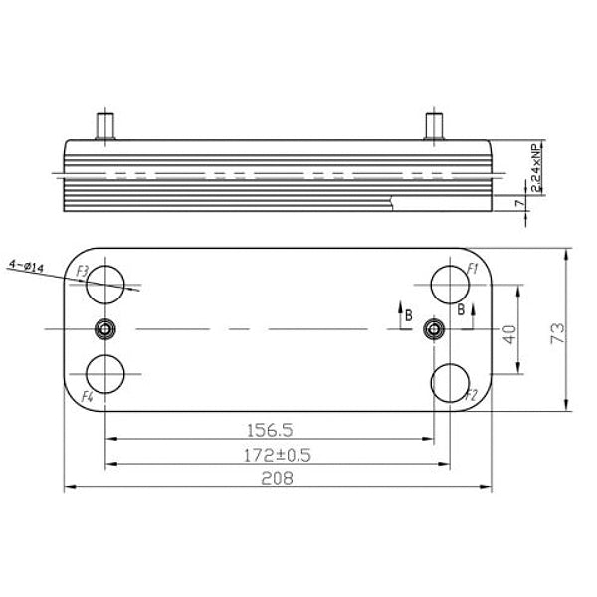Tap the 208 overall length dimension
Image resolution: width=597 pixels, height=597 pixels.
point(277,479)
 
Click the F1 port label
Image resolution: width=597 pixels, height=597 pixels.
point(474,269)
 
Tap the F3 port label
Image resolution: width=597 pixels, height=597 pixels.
point(83,271)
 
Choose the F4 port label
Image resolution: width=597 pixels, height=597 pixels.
point(87,397)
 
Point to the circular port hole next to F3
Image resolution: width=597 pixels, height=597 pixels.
point(106,286)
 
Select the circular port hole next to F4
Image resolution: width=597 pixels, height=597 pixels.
point(106,376)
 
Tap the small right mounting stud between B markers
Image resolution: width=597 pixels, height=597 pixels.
point(434,329)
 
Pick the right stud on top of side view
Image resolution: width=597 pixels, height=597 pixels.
point(434,128)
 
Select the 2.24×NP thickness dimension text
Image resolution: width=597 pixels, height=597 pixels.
point(535,166)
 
